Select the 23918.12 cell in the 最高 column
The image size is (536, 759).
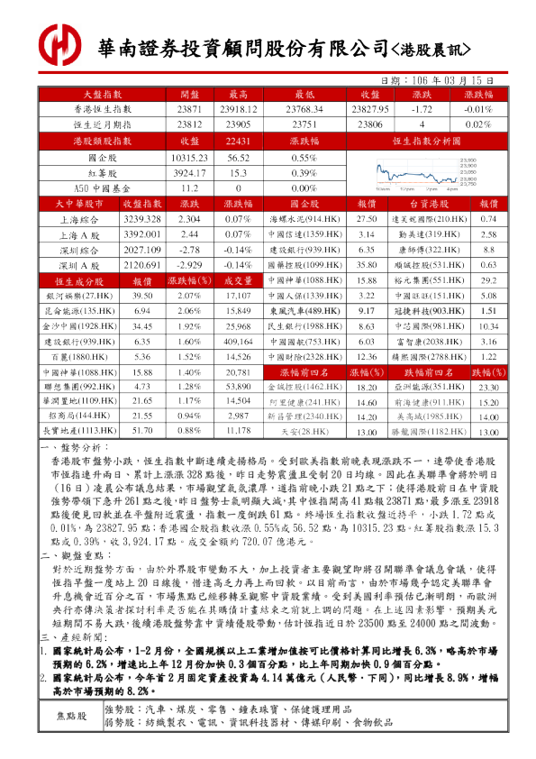click(240, 108)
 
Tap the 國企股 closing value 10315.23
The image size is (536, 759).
click(189, 157)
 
